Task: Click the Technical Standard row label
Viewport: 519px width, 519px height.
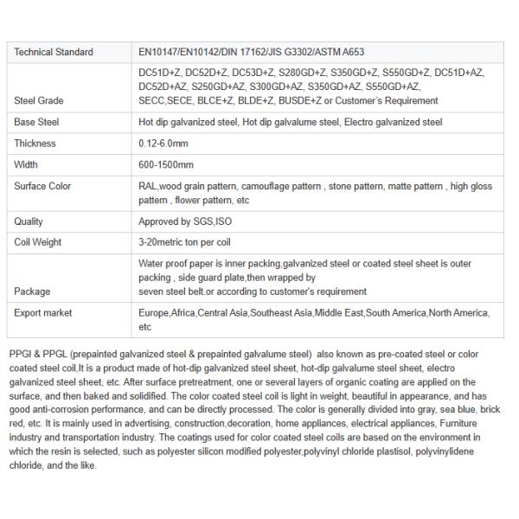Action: pos(54,52)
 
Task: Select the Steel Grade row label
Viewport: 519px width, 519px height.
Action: pos(39,100)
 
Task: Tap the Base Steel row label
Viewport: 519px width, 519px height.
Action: pos(36,122)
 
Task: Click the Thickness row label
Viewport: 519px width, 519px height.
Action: pos(35,144)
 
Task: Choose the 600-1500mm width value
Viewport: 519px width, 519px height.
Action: pos(166,164)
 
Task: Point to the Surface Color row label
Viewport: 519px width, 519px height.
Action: pos(42,186)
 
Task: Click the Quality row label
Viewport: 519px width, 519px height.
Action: pos(29,221)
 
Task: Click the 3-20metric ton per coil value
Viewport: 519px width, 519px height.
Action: pos(184,242)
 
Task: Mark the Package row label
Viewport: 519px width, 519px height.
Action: pos(32,292)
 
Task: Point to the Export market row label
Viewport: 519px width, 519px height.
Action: pos(43,312)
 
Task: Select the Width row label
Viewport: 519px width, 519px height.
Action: pos(27,164)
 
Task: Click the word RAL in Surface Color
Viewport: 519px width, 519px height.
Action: pos(147,186)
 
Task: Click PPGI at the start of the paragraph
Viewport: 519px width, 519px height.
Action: pos(19,355)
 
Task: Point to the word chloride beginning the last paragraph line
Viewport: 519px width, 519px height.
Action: pos(25,465)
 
